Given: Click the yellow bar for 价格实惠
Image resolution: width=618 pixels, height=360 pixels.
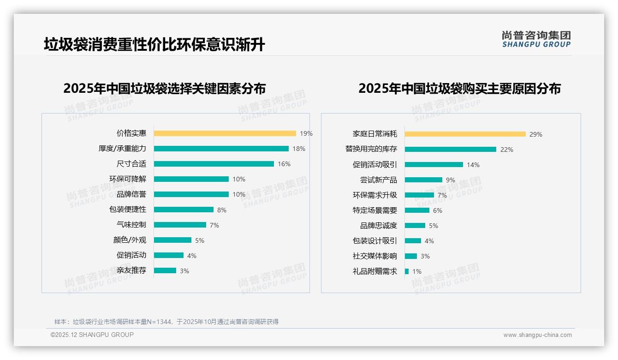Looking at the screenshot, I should tap(225, 133).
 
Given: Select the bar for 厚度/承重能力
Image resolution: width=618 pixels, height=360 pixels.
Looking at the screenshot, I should tap(221, 149).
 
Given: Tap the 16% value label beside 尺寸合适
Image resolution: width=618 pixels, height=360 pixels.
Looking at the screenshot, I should tap(284, 164).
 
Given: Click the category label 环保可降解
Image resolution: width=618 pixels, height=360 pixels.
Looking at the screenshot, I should tap(128, 179).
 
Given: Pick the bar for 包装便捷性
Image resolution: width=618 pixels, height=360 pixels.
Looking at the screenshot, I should tap(184, 210).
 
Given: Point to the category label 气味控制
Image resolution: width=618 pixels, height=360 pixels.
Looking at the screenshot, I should tap(131, 225).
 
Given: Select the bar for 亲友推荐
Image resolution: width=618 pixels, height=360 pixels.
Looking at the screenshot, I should tap(165, 270).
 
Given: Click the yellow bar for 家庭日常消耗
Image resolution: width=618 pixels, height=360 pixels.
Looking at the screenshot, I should tap(465, 134).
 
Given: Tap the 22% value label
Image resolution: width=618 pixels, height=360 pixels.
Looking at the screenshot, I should tap(506, 150).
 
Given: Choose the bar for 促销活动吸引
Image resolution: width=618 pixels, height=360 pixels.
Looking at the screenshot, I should tap(434, 165).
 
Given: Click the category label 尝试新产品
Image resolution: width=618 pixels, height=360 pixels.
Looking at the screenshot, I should tap(378, 180).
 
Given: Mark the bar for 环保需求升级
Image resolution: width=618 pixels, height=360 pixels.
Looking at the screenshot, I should tap(419, 195).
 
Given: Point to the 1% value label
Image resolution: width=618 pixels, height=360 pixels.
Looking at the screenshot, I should tap(416, 271).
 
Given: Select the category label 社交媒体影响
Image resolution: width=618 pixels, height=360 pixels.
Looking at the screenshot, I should tap(374, 256).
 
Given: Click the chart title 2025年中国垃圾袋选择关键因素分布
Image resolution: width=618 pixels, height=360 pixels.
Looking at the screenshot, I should tap(164, 89).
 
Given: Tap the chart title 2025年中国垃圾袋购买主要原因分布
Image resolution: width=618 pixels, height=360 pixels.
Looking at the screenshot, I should tap(459, 89).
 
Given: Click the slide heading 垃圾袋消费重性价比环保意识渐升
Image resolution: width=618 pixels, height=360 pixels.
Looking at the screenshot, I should tap(154, 45).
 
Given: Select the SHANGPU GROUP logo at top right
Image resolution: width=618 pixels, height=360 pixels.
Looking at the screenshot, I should tap(536, 39).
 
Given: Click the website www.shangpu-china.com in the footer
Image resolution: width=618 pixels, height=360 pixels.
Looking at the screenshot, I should tap(537, 335).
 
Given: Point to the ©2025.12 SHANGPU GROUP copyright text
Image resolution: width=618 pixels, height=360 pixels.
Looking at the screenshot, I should tap(92, 335).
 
